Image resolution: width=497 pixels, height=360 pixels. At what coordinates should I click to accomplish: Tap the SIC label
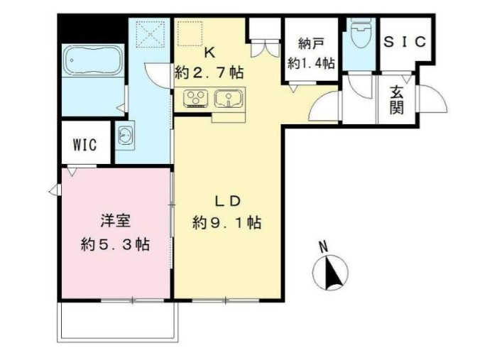tap(405, 42)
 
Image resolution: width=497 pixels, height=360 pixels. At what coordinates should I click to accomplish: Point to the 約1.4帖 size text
tap(311, 62)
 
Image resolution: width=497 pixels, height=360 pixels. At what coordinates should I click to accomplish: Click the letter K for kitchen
tap(209, 53)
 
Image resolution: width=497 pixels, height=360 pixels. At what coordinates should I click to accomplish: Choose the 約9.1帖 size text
tap(226, 223)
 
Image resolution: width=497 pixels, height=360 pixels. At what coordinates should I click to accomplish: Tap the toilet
tap(361, 33)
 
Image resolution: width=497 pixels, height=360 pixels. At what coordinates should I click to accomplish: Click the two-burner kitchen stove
tap(196, 98)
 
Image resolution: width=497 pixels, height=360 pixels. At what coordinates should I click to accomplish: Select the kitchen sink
tap(227, 97)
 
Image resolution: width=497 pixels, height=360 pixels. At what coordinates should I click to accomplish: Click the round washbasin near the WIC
tap(126, 134)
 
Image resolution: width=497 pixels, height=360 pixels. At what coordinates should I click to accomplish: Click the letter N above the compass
tap(323, 246)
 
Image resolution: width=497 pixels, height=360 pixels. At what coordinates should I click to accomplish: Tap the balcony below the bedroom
tap(117, 321)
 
